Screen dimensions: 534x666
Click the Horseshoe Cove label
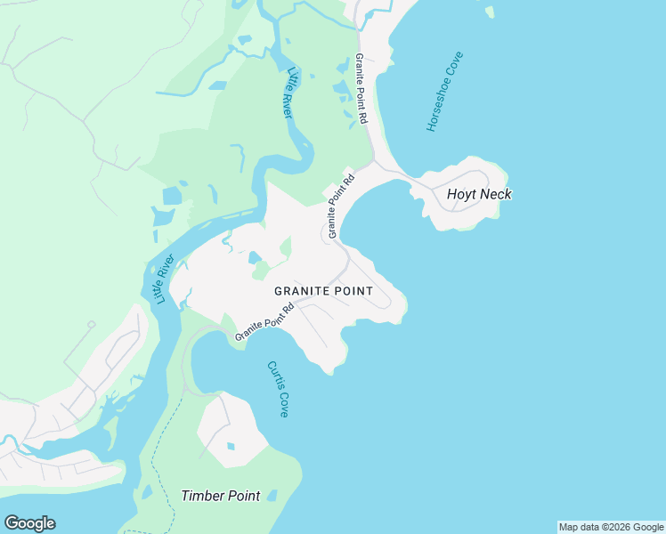445,92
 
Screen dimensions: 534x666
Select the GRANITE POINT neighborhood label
323,291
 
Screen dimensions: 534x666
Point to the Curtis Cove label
278,389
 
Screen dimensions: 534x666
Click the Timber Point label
220,496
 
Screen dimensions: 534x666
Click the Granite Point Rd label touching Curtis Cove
264,323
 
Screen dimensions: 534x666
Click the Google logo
29,523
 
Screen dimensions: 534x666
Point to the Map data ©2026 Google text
612,527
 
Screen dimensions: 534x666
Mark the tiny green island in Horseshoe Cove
489,12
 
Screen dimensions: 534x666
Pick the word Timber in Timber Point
200,496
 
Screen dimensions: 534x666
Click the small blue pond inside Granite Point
254,258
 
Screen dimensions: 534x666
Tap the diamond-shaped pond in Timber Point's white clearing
231,447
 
